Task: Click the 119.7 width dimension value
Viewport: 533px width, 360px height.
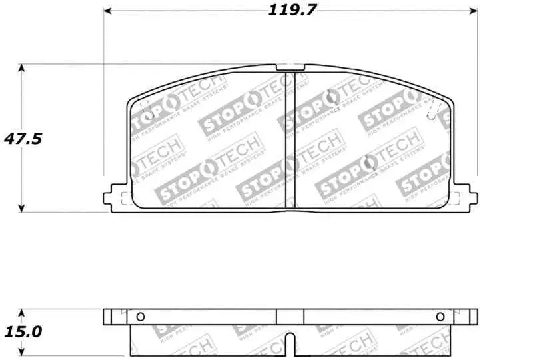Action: click(x=291, y=10)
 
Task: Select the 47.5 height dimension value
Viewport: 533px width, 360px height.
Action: click(x=23, y=139)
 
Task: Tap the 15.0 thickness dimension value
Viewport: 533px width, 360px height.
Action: click(x=23, y=331)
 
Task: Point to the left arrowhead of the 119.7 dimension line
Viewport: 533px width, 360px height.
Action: click(x=107, y=11)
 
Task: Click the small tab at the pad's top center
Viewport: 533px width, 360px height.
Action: click(x=290, y=67)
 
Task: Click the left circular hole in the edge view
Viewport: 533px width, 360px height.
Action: click(x=140, y=316)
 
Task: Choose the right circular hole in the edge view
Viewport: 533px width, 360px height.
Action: click(x=440, y=316)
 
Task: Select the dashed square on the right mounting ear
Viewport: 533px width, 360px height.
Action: click(x=457, y=197)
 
